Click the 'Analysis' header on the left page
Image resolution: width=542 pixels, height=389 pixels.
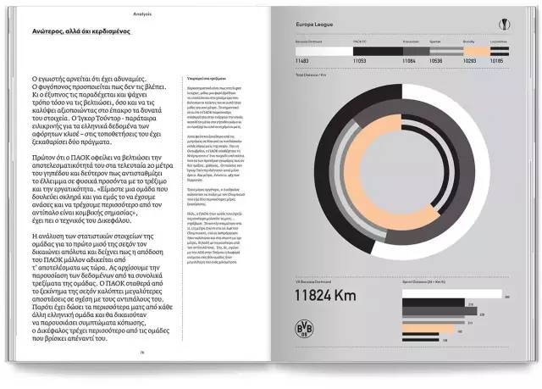tap(142, 14)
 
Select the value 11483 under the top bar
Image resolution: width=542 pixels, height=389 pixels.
tap(304, 61)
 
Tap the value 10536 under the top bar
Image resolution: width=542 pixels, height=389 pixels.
tap(436, 61)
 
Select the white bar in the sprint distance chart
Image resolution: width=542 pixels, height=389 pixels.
tap(450, 297)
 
